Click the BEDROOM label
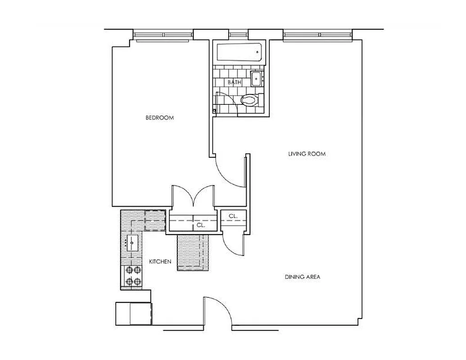[x=159, y=118]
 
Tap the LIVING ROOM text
[x=307, y=154]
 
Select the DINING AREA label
[x=302, y=277]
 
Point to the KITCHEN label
[x=160, y=261]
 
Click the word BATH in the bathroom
[x=234, y=82]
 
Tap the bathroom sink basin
[x=257, y=78]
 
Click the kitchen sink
[x=133, y=243]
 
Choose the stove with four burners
[x=132, y=276]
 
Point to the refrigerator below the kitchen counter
[x=134, y=313]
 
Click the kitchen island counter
[x=194, y=253]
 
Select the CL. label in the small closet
[x=232, y=216]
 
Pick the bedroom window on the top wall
[x=163, y=35]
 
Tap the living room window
[x=317, y=35]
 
